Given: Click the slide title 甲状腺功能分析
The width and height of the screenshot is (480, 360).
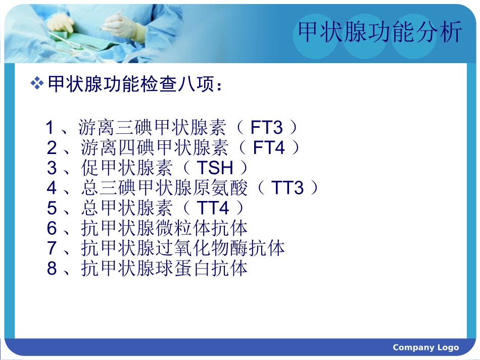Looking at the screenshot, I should click(x=379, y=33).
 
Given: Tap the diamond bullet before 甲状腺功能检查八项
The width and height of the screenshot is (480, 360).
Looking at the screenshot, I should click(x=37, y=84).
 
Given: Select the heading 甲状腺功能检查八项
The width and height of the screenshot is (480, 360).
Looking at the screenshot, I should click(x=134, y=84).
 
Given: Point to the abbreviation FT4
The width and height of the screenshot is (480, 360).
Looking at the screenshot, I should click(x=269, y=148).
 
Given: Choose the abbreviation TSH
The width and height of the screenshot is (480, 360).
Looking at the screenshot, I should click(x=214, y=168).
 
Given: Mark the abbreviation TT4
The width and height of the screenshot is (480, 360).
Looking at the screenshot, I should click(x=213, y=208).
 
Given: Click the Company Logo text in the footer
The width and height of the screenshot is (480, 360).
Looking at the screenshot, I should click(x=425, y=347).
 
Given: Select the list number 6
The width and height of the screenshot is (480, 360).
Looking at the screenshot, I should click(x=52, y=228).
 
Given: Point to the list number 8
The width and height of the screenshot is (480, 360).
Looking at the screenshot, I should click(x=52, y=269).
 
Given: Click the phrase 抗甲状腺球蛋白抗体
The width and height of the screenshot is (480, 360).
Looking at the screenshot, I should click(x=164, y=269).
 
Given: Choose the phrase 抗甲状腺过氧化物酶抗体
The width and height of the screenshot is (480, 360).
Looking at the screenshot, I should click(x=183, y=248).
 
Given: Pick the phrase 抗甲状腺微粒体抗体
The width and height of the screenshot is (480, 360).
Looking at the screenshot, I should click(x=164, y=228).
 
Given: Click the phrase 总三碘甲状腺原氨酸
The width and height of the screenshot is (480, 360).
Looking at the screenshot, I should click(x=164, y=188).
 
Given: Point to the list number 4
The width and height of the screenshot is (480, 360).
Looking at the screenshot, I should click(x=52, y=188).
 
